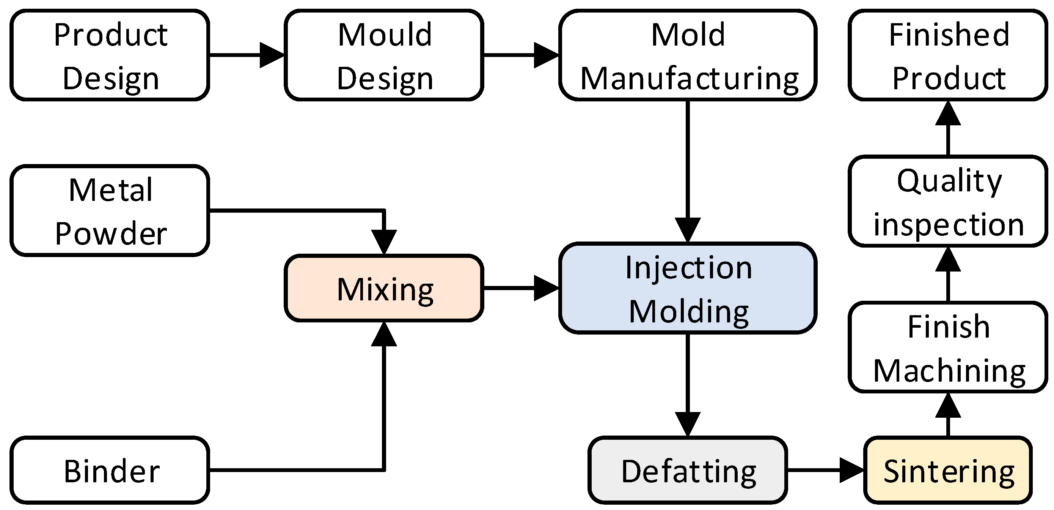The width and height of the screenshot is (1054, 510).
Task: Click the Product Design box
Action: point(110,55)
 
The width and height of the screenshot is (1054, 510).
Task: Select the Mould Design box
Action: point(384,55)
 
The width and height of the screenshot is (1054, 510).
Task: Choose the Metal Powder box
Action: point(110,210)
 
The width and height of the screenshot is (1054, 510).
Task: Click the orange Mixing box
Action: point(384,288)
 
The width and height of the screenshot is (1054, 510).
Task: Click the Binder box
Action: point(110,470)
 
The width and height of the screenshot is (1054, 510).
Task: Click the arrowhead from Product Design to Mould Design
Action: point(272,55)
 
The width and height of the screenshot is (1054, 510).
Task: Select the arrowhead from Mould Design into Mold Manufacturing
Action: point(547,55)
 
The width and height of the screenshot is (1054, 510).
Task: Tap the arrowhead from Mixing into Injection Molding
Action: point(547,288)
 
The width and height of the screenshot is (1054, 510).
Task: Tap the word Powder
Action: point(111,234)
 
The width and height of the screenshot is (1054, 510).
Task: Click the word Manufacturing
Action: point(690,78)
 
